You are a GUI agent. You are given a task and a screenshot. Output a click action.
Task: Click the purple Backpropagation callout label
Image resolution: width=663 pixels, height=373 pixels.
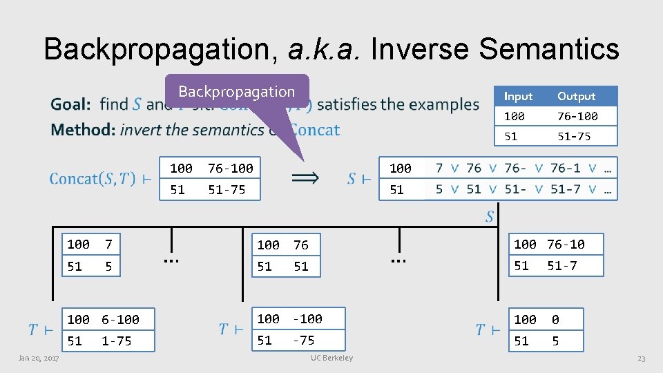pyautogui.click(x=236, y=92)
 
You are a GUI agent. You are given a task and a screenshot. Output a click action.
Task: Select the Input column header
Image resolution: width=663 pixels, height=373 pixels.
pyautogui.click(x=518, y=96)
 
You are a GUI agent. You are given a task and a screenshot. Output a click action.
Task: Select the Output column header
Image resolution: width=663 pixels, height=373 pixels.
pyautogui.click(x=576, y=96)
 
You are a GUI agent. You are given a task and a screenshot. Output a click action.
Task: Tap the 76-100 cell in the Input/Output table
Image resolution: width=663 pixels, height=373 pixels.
pyautogui.click(x=577, y=116)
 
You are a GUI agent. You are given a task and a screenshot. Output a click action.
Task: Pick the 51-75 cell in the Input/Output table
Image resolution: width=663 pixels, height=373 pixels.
pyautogui.click(x=574, y=136)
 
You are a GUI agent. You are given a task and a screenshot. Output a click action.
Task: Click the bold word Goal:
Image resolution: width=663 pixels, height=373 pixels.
pyautogui.click(x=70, y=105)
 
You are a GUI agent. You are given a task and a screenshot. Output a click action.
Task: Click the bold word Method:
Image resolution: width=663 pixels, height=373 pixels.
pyautogui.click(x=83, y=129)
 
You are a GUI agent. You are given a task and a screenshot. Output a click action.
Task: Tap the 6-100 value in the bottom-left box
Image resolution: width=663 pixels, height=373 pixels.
pyautogui.click(x=120, y=320)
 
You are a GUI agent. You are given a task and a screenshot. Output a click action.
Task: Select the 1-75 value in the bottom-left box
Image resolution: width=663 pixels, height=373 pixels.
pyautogui.click(x=116, y=341)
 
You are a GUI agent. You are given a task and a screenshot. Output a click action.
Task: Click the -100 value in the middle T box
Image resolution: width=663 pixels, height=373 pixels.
pyautogui.click(x=307, y=319)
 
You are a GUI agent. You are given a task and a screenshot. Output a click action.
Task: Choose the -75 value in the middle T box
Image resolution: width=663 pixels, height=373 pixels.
pyautogui.click(x=303, y=341)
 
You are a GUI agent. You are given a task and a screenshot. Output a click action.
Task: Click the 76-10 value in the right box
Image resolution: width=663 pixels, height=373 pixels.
pyautogui.click(x=566, y=245)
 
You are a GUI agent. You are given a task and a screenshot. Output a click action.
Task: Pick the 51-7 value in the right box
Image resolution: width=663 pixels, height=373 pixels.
pyautogui.click(x=562, y=266)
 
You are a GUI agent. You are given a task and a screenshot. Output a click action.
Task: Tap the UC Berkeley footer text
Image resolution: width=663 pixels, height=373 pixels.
pyautogui.click(x=331, y=358)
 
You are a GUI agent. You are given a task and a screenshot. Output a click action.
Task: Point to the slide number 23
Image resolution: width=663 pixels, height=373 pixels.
pyautogui.click(x=641, y=358)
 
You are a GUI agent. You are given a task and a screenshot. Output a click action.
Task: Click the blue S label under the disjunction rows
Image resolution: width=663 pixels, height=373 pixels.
pyautogui.click(x=490, y=217)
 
